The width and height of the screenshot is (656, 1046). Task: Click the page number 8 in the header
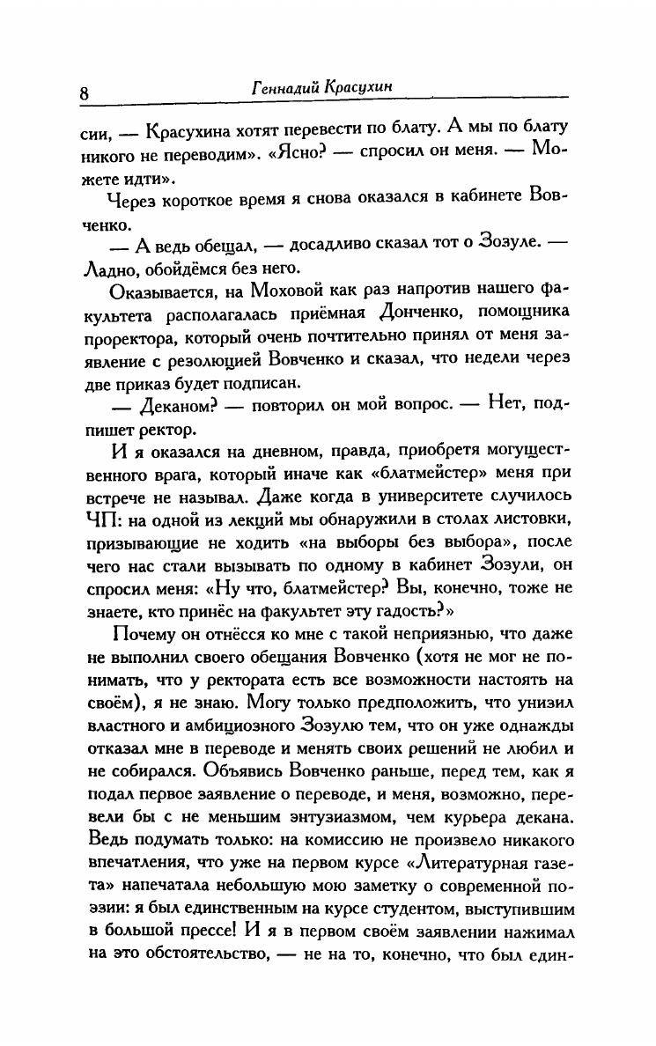pos(84,94)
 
